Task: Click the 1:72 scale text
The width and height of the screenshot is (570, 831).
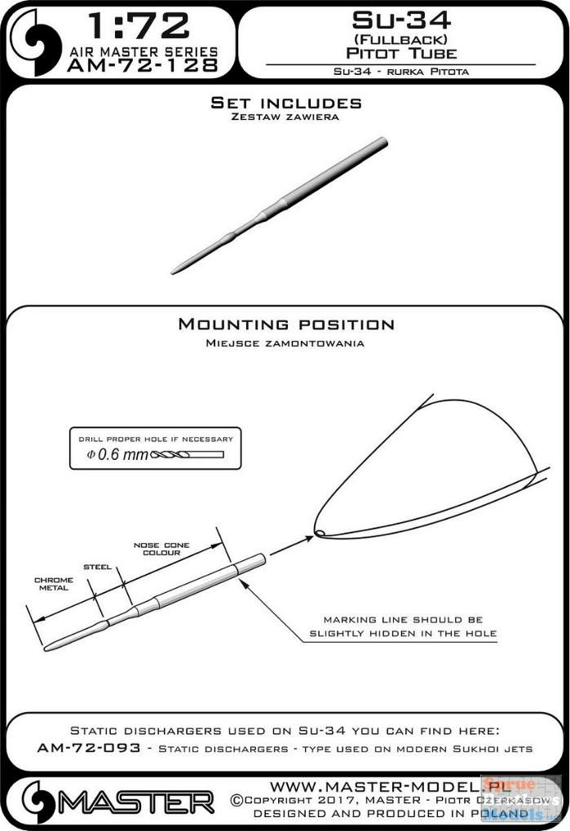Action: [139, 26]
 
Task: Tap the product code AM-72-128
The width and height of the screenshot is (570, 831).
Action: [143, 65]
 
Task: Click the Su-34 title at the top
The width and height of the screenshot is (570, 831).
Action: [401, 20]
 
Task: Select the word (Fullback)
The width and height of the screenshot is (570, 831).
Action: [401, 39]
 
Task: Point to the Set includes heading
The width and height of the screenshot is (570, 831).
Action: [286, 102]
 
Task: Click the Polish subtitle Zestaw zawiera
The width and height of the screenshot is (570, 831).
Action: [285, 117]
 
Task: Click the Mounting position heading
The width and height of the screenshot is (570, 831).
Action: [286, 324]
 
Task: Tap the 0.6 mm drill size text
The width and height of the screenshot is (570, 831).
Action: [117, 454]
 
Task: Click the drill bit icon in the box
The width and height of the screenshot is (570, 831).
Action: [187, 454]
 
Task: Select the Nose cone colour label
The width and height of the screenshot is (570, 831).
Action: [161, 549]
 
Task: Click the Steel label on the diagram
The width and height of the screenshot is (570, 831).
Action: [98, 567]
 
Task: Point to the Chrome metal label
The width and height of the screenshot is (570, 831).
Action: [54, 584]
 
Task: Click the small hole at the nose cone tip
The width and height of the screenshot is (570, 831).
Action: [319, 532]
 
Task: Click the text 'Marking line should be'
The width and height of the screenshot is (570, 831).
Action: [403, 620]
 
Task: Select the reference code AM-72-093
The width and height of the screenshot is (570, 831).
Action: [89, 748]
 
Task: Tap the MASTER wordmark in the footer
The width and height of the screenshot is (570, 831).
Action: [135, 803]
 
